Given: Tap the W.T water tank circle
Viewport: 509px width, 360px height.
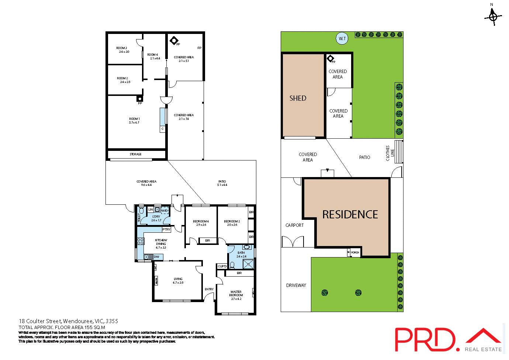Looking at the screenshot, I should [x=342, y=38].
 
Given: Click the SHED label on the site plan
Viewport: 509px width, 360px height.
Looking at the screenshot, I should [x=298, y=98].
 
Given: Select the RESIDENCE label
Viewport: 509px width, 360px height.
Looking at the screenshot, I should [x=350, y=215].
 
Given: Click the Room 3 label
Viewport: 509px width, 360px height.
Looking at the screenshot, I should [x=122, y=48].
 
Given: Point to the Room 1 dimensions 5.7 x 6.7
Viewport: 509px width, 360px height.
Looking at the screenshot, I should [x=134, y=122].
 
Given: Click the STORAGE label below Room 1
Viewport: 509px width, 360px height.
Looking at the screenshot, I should [x=135, y=154].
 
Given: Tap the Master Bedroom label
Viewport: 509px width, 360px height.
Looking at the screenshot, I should [x=236, y=293].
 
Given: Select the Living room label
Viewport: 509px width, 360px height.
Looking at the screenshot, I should [x=178, y=279].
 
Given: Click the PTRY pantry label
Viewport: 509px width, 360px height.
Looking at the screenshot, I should [x=166, y=229].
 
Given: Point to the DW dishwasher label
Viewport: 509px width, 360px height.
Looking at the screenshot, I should [x=156, y=257].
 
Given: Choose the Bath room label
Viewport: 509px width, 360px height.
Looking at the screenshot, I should [x=241, y=253].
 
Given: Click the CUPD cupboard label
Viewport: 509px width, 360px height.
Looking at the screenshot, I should [x=222, y=266].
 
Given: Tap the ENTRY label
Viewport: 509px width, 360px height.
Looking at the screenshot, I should [x=209, y=289].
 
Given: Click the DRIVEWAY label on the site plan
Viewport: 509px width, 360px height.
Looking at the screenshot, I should [x=296, y=285].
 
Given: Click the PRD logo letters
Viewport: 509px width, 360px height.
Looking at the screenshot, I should [x=424, y=339].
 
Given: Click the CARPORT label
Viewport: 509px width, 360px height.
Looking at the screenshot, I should [x=295, y=225].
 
